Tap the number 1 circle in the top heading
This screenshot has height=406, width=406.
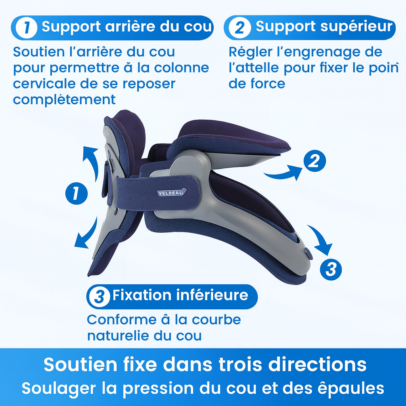(x=27, y=27)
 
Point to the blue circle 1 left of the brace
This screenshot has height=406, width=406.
(x=77, y=194)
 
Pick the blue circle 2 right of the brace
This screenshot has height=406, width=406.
(x=314, y=161)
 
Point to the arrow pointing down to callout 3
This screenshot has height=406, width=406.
(x=321, y=239)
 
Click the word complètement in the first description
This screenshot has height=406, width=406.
(x=64, y=99)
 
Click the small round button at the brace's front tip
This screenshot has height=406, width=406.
(x=308, y=252)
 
